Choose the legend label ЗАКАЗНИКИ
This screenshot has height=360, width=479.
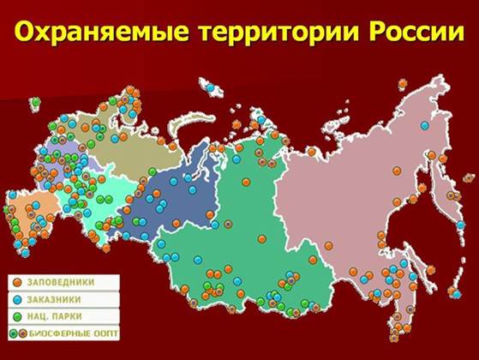(58, 298)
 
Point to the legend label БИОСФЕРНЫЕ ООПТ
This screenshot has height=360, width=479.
(75, 333)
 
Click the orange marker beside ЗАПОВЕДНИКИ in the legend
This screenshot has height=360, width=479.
(16, 281)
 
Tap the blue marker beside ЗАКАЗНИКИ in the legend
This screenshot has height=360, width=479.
(16, 298)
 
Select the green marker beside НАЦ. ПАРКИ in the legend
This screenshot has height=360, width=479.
(16, 315)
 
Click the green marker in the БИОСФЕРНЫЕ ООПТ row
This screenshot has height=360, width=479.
(13, 333)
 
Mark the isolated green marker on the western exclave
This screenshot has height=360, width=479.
(35, 102)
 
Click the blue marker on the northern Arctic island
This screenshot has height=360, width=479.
(209, 87)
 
